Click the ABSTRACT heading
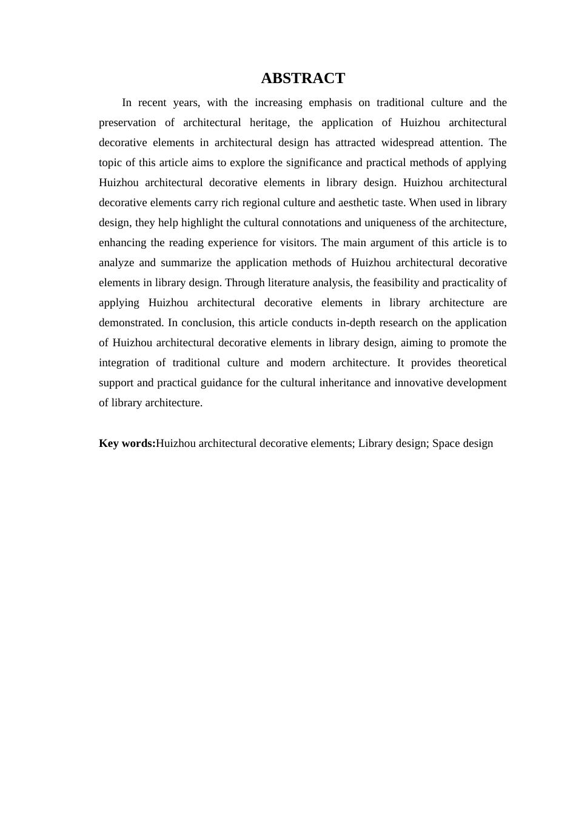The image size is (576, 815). click(x=303, y=78)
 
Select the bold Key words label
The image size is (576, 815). click(x=127, y=443)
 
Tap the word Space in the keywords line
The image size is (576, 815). click(x=446, y=443)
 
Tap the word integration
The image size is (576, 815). click(x=123, y=363)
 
